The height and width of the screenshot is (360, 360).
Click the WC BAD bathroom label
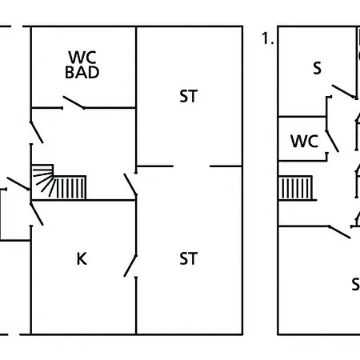(x=82, y=65)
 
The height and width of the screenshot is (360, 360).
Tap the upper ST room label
(x=189, y=96)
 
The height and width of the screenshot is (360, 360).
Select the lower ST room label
(x=189, y=258)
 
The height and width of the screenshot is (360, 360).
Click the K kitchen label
(x=82, y=258)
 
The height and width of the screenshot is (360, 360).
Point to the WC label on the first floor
(x=304, y=141)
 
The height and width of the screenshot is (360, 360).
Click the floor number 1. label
(x=268, y=38)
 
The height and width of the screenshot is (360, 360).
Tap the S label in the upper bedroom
(x=317, y=68)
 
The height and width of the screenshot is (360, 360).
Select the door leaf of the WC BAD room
(x=74, y=102)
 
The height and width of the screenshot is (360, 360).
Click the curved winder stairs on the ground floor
(x=42, y=178)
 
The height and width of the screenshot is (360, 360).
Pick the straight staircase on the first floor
(x=295, y=188)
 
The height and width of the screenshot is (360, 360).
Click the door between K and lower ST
(x=130, y=266)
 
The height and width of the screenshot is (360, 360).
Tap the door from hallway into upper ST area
(x=130, y=184)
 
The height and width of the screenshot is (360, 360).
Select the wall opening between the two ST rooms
(x=191, y=166)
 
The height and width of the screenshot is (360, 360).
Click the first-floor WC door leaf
(x=332, y=141)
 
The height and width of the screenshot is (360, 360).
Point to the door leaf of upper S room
(x=344, y=91)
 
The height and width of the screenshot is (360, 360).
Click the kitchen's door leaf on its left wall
(x=37, y=214)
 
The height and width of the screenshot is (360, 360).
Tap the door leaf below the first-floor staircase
(x=339, y=232)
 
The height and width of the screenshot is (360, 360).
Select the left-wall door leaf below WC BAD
(x=37, y=132)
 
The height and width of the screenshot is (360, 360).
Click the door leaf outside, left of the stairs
(x=18, y=183)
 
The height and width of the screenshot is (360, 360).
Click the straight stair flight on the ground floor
(x=70, y=187)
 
